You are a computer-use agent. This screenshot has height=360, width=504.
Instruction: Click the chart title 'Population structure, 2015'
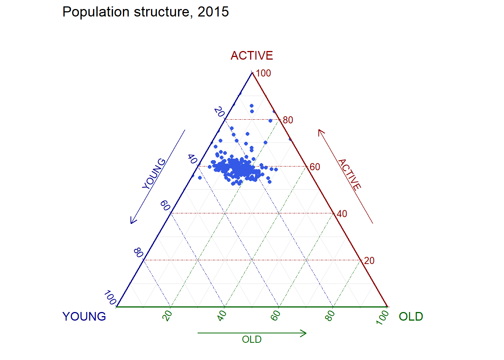(x=145, y=12)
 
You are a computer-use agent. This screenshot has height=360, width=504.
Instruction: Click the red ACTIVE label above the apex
(x=252, y=55)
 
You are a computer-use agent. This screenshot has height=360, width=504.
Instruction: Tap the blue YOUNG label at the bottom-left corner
(x=84, y=316)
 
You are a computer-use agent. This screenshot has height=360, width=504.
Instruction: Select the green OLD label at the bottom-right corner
(x=411, y=316)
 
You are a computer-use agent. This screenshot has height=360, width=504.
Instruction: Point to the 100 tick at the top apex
(x=263, y=73)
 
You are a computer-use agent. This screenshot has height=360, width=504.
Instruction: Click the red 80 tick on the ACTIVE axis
(x=288, y=120)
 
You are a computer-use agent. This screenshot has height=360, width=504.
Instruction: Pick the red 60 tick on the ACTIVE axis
(x=315, y=167)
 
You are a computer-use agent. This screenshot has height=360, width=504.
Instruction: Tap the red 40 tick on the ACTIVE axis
(x=342, y=214)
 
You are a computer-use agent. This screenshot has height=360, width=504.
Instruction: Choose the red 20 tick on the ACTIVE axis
(x=369, y=261)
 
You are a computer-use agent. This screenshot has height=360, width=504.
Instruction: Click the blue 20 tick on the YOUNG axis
(x=219, y=112)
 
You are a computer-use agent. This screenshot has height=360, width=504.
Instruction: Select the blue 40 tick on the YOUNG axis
(x=192, y=159)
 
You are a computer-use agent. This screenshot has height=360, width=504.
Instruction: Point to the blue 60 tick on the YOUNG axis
(x=165, y=206)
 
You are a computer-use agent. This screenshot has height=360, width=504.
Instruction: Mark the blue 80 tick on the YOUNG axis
(x=138, y=253)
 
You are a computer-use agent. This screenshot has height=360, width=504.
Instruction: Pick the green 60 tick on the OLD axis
(x=276, y=316)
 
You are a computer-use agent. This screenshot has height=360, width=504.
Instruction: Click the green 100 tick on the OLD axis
(x=383, y=317)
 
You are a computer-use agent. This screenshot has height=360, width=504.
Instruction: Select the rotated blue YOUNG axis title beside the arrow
(x=154, y=174)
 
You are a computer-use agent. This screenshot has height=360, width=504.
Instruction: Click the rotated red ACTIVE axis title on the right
(x=349, y=174)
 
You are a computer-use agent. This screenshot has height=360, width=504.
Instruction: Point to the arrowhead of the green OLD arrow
(x=305, y=333)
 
